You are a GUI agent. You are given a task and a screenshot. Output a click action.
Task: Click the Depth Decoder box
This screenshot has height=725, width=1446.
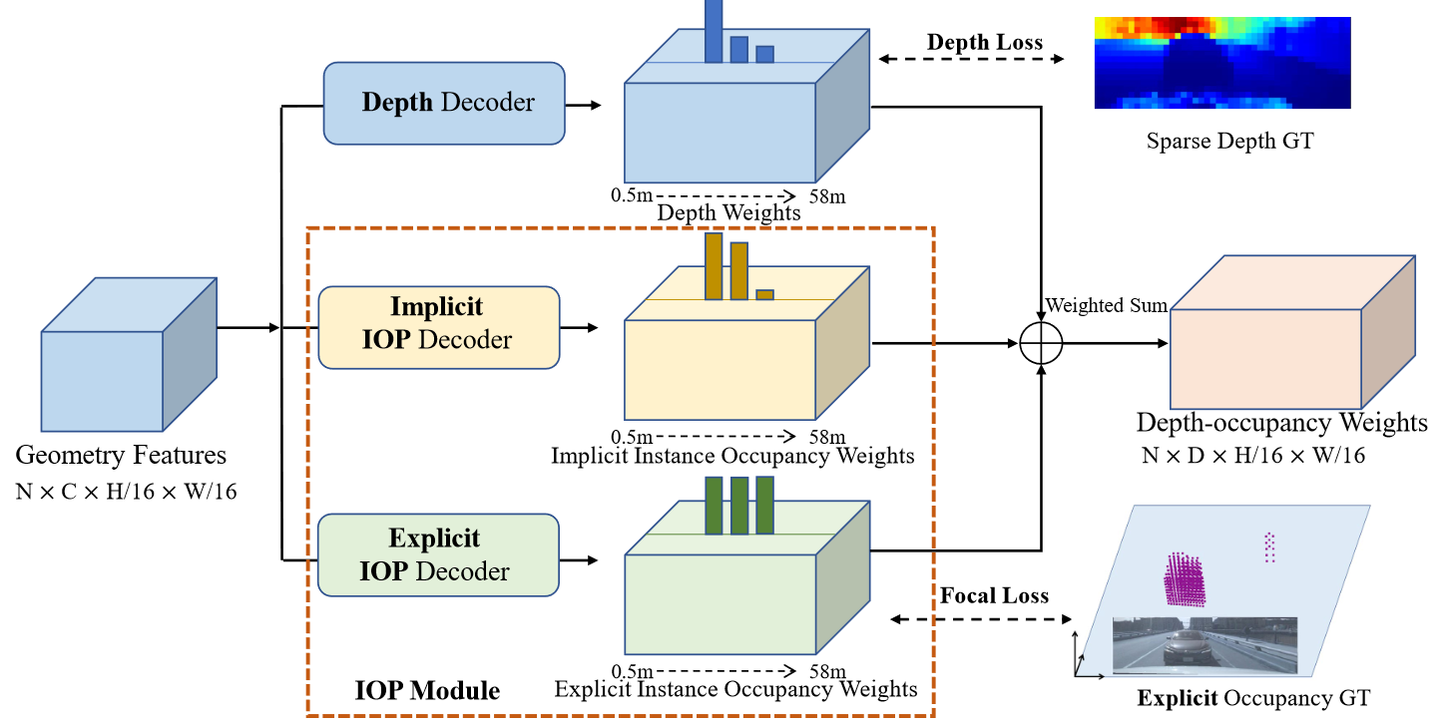click(x=444, y=103)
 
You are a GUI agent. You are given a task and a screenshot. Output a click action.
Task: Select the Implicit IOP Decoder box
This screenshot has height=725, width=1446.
click(x=438, y=327)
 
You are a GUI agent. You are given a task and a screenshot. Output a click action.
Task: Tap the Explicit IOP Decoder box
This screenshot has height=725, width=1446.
click(x=438, y=554)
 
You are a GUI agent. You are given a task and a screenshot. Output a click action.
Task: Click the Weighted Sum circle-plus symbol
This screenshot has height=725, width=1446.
click(x=1042, y=343)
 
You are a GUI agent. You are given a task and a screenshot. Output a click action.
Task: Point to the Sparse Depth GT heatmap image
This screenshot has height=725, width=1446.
click(x=1221, y=62)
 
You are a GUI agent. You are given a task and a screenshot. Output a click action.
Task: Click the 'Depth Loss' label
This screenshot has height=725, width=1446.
click(x=984, y=42)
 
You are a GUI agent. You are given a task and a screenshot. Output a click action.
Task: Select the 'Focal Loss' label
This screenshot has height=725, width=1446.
click(x=993, y=595)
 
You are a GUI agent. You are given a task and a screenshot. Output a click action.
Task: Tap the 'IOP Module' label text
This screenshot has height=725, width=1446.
click(x=427, y=690)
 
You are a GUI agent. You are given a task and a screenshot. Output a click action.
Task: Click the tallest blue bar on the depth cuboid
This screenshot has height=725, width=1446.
click(x=714, y=30)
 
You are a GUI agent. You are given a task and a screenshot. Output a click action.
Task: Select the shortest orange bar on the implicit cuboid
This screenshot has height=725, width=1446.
click(x=764, y=294)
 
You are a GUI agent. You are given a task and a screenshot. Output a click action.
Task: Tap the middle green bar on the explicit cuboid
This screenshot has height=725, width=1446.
click(x=738, y=506)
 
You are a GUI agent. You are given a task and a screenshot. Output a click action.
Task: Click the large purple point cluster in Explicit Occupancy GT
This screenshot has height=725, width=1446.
click(x=1185, y=579)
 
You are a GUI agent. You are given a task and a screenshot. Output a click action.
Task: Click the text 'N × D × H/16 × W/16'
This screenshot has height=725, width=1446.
click(x=1252, y=457)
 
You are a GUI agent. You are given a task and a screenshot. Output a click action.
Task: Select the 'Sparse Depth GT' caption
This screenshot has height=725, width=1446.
click(x=1229, y=141)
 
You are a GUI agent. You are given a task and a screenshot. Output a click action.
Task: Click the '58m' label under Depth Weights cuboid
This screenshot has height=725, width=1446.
click(x=827, y=196)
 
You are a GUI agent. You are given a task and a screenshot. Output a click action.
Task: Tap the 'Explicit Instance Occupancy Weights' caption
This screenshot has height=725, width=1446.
click(x=735, y=689)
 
